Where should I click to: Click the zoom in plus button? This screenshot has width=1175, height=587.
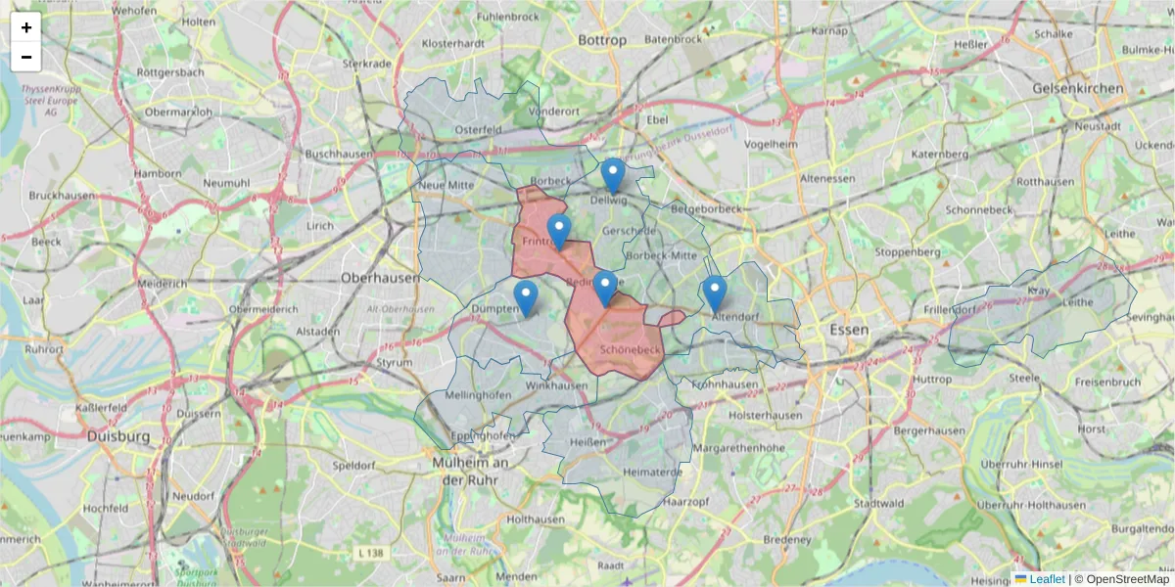click(x=26, y=27)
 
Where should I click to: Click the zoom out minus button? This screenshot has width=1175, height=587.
click(x=26, y=57)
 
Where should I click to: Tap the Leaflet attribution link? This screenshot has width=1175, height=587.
click(x=1047, y=579)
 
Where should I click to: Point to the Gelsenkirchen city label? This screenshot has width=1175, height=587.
click(x=1078, y=88)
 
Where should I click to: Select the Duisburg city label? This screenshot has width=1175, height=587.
click(x=117, y=435)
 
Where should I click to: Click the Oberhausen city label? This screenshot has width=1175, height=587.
click(x=380, y=277)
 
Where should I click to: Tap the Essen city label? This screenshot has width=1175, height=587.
click(x=848, y=330)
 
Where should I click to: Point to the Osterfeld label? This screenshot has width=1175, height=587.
click(x=478, y=129)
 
